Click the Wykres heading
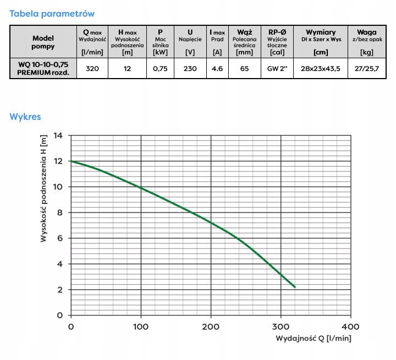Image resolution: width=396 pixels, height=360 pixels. pyautogui.click(x=25, y=117)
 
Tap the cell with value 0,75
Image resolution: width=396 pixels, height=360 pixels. pyautogui.click(x=160, y=69)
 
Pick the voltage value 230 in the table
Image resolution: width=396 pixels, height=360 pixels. pyautogui.click(x=190, y=69)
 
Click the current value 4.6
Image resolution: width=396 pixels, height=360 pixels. pyautogui.click(x=217, y=69)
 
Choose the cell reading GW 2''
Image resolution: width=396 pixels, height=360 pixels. pyautogui.click(x=277, y=69)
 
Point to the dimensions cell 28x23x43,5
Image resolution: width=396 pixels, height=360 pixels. pyautogui.click(x=321, y=69)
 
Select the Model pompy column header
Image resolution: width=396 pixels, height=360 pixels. pyautogui.click(x=42, y=42)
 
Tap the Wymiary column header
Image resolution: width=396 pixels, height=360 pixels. pyautogui.click(x=321, y=32)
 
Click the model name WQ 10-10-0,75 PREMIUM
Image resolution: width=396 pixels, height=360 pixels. pyautogui.click(x=42, y=69)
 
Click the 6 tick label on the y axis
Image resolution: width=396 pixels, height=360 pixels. pyautogui.click(x=59, y=238)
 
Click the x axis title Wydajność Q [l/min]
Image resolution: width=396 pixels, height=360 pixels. pyautogui.click(x=313, y=339)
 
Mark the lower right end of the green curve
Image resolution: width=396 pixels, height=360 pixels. pyautogui.click(x=295, y=287)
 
